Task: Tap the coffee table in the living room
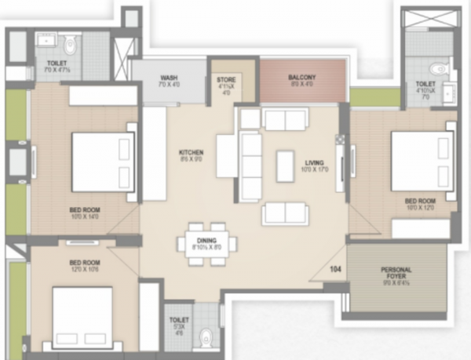coord(285,165)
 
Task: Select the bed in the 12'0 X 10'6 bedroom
coord(82,313)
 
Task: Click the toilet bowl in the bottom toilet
coord(206,337)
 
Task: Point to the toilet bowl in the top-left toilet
coord(68,43)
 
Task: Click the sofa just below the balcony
coord(284,119)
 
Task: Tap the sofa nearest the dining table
coord(284,213)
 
